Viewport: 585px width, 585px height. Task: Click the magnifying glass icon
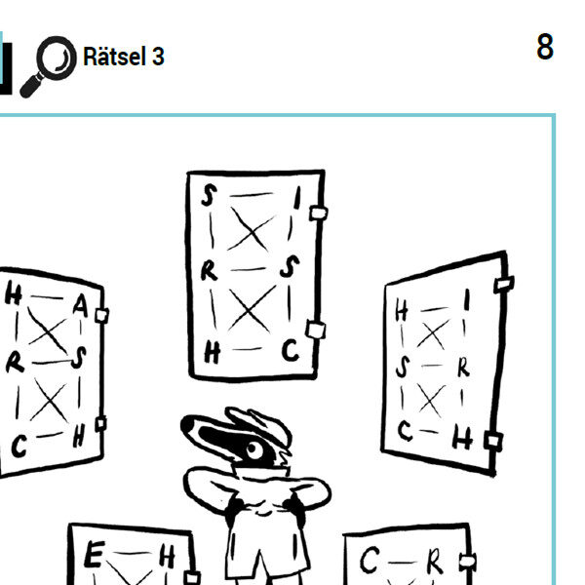click(49, 66)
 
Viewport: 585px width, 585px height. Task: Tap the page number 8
click(545, 47)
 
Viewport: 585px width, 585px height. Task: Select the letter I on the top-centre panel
click(297, 198)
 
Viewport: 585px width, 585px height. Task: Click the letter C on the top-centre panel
click(291, 350)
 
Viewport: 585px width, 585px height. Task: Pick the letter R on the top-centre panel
click(209, 270)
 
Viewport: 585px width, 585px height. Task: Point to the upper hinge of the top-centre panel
click(318, 214)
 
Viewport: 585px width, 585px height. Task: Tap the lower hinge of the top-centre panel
click(316, 330)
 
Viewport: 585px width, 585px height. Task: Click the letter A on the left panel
click(81, 306)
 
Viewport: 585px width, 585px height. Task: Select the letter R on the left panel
click(15, 363)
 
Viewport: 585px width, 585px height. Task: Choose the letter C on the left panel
click(19, 447)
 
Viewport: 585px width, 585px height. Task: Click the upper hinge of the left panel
click(101, 316)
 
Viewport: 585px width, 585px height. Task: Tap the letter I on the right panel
click(467, 299)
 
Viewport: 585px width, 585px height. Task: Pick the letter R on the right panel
click(464, 368)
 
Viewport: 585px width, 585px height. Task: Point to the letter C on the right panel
click(406, 431)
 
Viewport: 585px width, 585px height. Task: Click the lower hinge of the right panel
click(493, 441)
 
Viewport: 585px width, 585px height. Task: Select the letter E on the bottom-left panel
click(94, 554)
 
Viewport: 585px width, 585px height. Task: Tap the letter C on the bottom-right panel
click(370, 560)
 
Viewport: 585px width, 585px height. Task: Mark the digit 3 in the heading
click(158, 57)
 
